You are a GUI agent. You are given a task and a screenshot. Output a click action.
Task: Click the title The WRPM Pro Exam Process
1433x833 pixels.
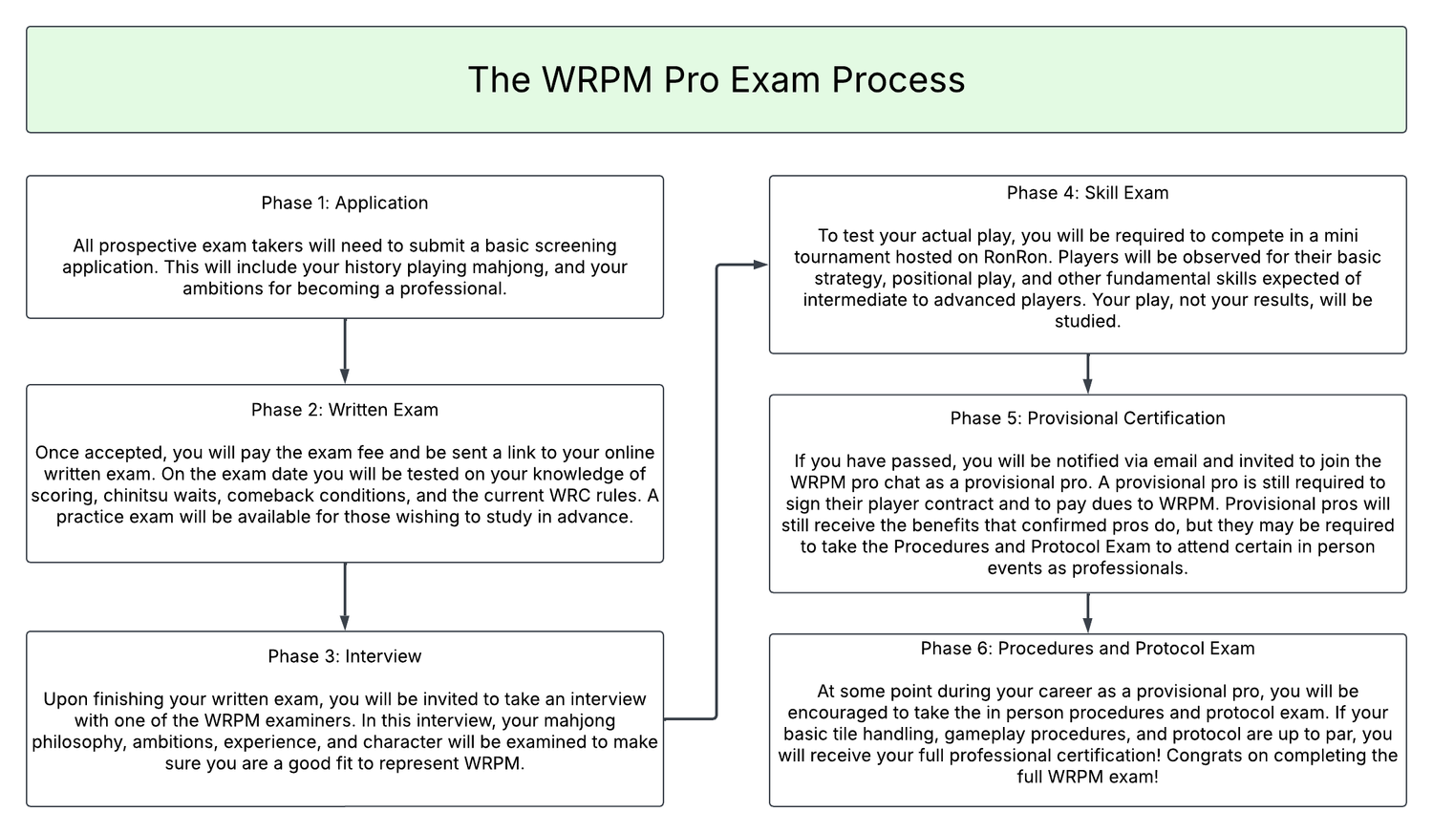pyautogui.click(x=716, y=80)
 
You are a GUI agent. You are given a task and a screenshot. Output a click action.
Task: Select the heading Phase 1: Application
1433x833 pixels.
pyautogui.click(x=345, y=203)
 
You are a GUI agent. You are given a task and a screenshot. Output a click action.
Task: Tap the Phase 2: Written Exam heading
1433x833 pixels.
pyautogui.click(x=345, y=410)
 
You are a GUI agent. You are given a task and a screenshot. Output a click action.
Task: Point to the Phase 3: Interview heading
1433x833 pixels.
pyautogui.click(x=345, y=655)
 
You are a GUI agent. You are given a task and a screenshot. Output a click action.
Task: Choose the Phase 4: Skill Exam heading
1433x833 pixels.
pyautogui.click(x=1087, y=193)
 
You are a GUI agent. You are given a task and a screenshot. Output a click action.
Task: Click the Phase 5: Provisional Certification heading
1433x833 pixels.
pyautogui.click(x=1087, y=417)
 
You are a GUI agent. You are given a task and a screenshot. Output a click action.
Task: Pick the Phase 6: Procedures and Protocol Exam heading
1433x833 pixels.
pyautogui.click(x=1087, y=648)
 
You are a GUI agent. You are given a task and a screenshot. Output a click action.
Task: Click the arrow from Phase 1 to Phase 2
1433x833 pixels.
pyautogui.click(x=345, y=352)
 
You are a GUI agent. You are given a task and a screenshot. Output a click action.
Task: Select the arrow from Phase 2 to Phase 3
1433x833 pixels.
pyautogui.click(x=345, y=597)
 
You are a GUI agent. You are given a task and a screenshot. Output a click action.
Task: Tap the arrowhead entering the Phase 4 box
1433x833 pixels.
pyautogui.click(x=761, y=265)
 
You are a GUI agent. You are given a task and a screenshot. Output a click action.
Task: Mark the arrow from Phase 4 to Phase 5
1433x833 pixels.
pyautogui.click(x=1087, y=374)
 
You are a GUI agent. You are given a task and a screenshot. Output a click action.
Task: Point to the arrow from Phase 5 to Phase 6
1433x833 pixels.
pyautogui.click(x=1087, y=613)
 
